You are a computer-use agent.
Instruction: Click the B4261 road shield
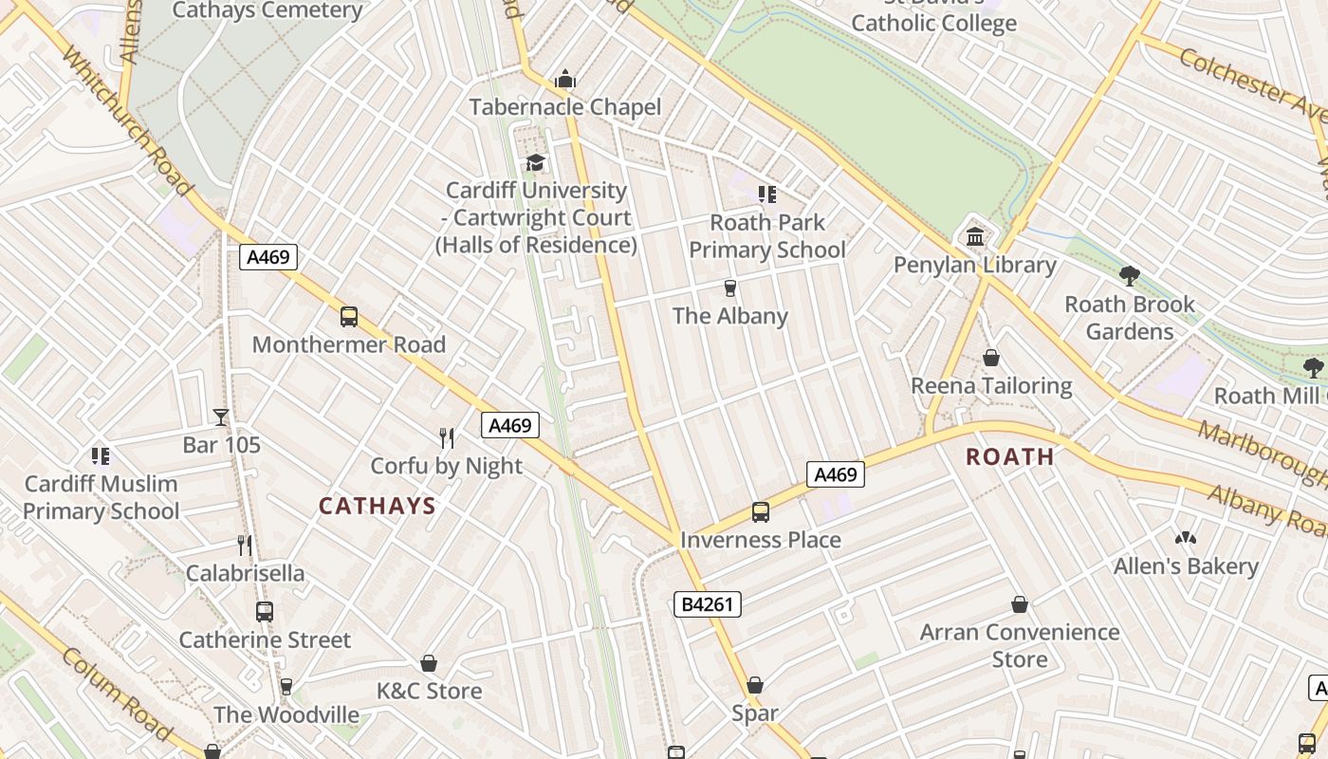tap(708, 604)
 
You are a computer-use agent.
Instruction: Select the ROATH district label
tap(1010, 457)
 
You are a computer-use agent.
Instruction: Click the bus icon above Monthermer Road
tap(349, 317)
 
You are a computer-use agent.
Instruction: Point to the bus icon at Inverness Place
tap(761, 512)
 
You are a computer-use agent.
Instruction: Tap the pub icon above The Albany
tap(729, 287)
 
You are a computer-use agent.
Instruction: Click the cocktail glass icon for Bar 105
tap(221, 417)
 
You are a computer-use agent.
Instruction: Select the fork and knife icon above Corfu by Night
tap(447, 437)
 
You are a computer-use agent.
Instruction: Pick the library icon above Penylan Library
tap(975, 236)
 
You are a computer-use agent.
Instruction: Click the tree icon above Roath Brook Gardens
tap(1129, 276)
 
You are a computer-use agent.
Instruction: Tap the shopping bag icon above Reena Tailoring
tap(991, 358)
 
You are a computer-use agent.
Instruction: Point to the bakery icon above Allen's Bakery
tap(1186, 538)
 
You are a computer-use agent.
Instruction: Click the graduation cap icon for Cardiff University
tap(536, 162)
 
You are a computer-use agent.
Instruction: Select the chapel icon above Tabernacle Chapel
tap(565, 79)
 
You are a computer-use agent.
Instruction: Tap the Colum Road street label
tap(118, 694)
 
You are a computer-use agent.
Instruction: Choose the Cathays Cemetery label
tap(267, 10)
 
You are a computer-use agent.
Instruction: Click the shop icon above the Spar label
tap(755, 685)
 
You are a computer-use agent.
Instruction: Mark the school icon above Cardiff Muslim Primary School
tap(101, 456)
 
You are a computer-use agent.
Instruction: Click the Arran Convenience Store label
tap(1020, 645)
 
